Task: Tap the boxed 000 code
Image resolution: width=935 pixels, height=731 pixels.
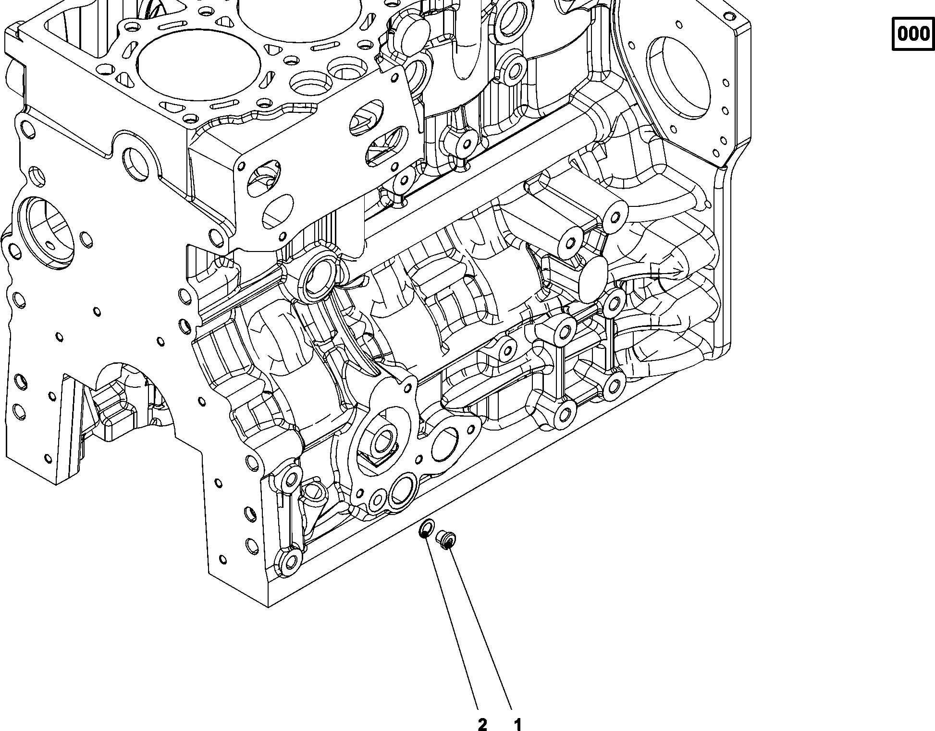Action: click(913, 34)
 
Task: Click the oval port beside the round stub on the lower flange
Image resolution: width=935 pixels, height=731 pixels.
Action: click(444, 444)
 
